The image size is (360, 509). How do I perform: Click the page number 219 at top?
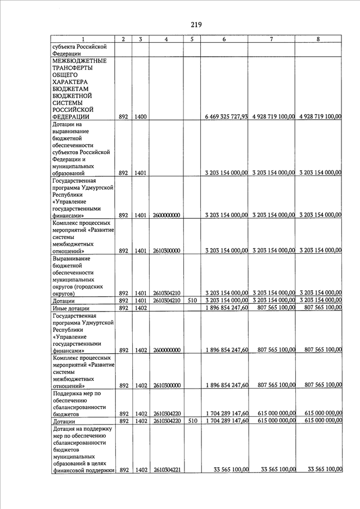pyautogui.click(x=196, y=24)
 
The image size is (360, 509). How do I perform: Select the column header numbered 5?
pyautogui.click(x=192, y=39)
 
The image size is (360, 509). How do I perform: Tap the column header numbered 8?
pyautogui.click(x=318, y=39)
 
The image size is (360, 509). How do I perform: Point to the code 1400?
pyautogui.click(x=141, y=116)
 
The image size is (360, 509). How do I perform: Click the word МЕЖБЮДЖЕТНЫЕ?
pyautogui.click(x=79, y=61)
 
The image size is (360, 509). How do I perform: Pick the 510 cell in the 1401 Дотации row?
pyautogui.click(x=192, y=301)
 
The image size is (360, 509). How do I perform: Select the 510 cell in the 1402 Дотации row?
pyautogui.click(x=192, y=421)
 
